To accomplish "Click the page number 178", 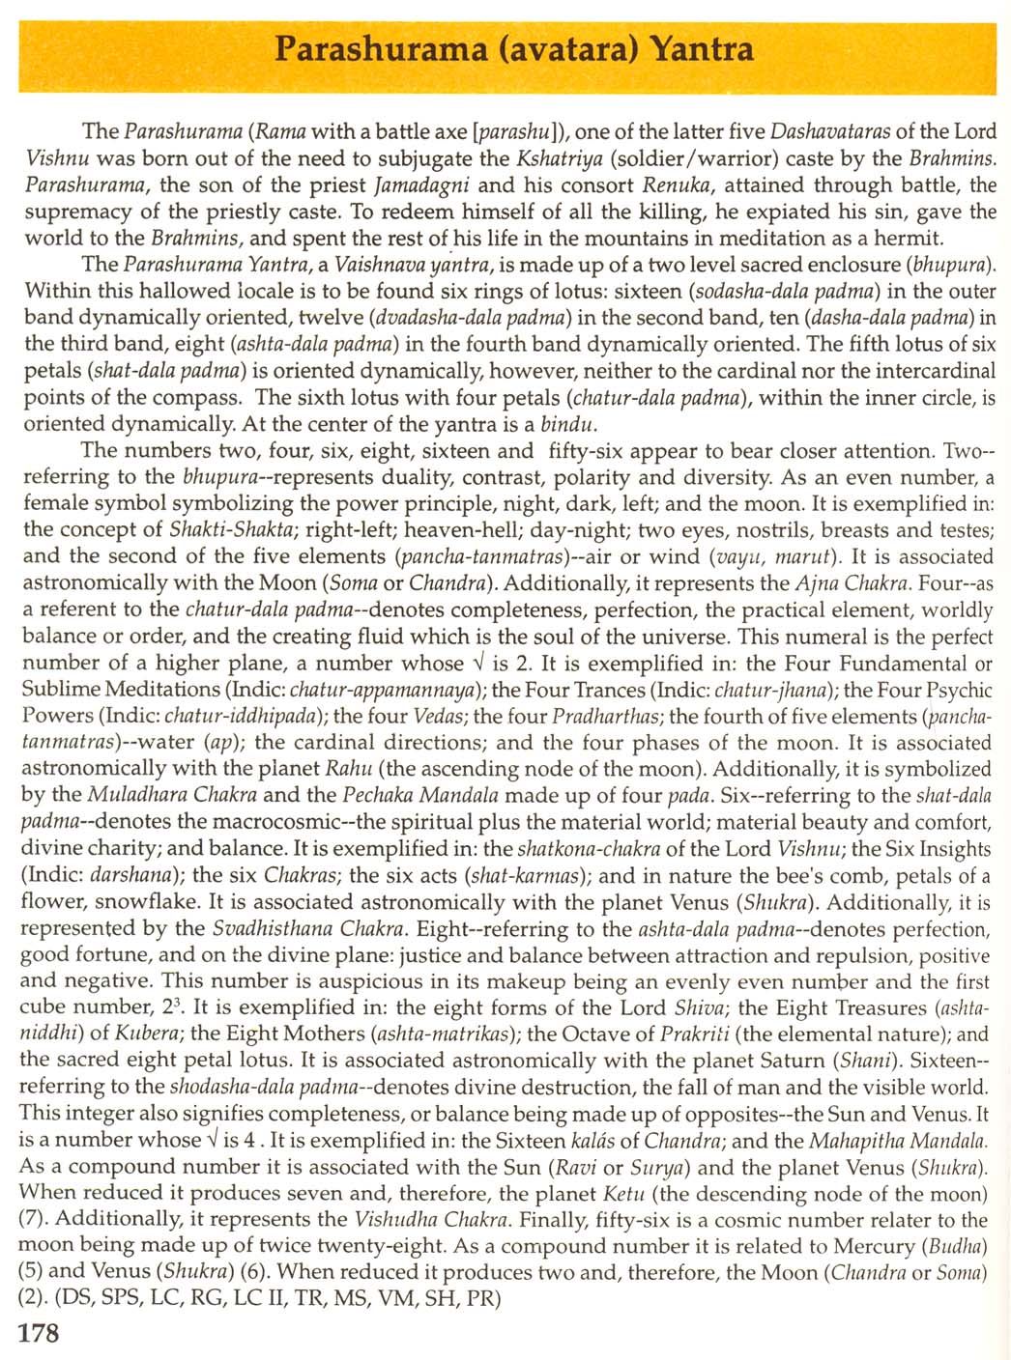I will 40,1333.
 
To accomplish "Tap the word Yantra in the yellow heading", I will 702,48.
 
